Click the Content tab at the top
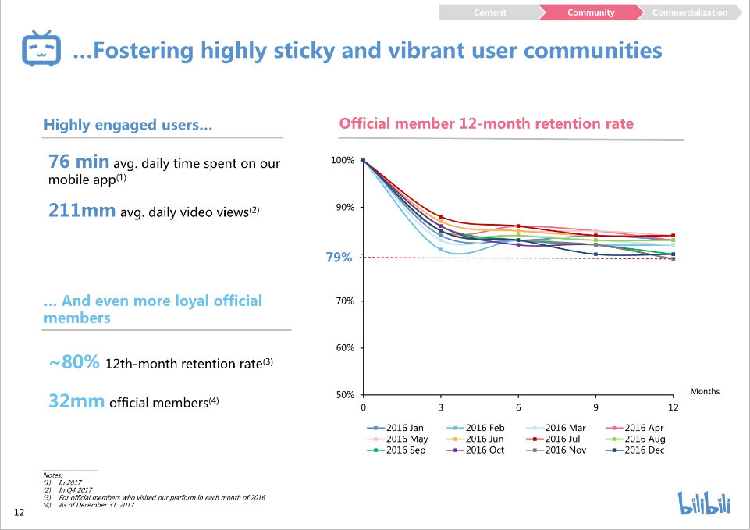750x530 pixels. click(x=489, y=12)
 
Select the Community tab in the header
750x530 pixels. click(x=590, y=12)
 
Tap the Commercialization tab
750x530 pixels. click(x=689, y=12)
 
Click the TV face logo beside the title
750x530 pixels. click(x=41, y=50)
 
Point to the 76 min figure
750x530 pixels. click(x=78, y=162)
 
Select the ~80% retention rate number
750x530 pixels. click(x=74, y=362)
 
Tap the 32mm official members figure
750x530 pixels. click(x=76, y=401)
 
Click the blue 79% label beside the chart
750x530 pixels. click(x=339, y=258)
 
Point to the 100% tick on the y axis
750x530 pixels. click(x=343, y=161)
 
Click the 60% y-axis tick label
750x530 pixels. click(x=344, y=348)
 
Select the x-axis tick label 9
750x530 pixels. click(x=595, y=407)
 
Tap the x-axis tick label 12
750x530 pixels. click(x=673, y=407)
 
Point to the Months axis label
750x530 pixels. click(x=705, y=391)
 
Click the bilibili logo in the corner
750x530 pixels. click(x=704, y=502)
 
